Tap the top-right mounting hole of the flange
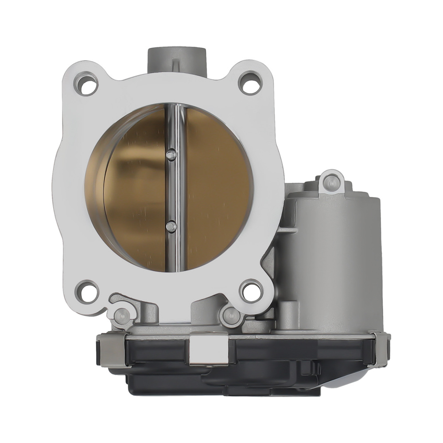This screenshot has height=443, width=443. pyautogui.click(x=250, y=84)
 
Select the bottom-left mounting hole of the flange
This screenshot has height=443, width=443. pyautogui.click(x=87, y=291)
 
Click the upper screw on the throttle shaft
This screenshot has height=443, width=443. pyautogui.click(x=171, y=155)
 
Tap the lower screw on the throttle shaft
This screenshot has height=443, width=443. pyautogui.click(x=171, y=226)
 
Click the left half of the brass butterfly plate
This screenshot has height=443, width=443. pyautogui.click(x=133, y=190)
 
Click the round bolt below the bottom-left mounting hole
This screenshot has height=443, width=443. pyautogui.click(x=120, y=315)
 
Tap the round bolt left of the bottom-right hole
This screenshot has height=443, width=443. pyautogui.click(x=230, y=315)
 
